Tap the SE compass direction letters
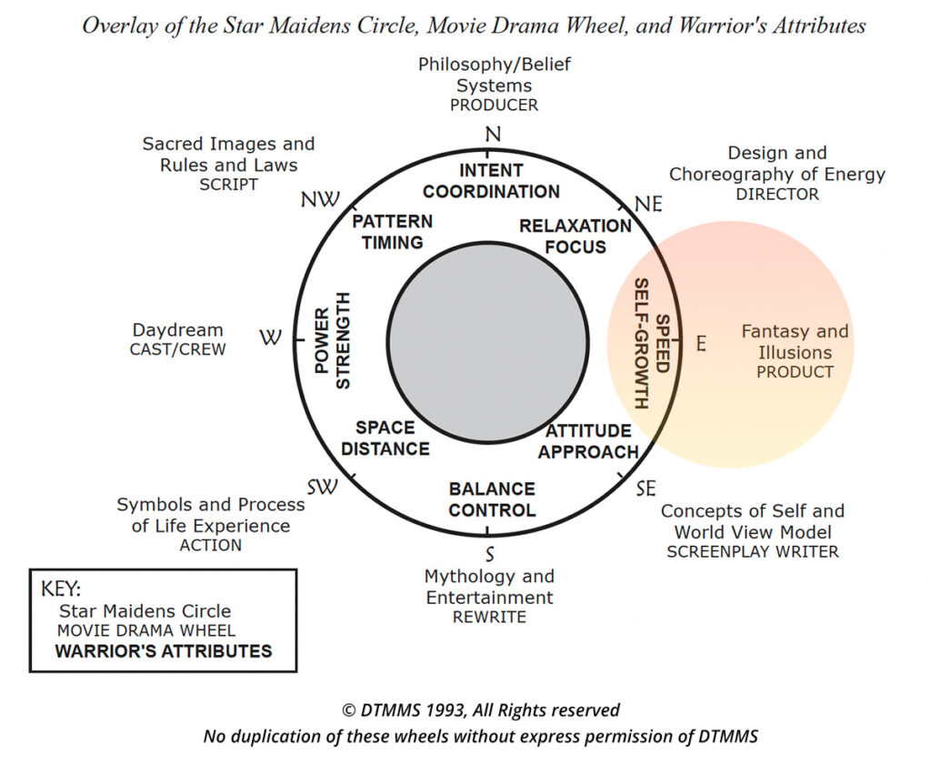(645, 489)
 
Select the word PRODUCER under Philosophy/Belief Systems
(494, 105)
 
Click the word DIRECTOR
(777, 194)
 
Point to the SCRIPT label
(228, 185)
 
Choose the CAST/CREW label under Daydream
(177, 349)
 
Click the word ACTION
(210, 546)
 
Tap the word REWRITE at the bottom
(488, 617)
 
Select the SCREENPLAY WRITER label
(753, 551)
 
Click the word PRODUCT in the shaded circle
(795, 372)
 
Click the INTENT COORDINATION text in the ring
(491, 181)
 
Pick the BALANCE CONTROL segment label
(492, 499)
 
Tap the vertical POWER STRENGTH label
(332, 340)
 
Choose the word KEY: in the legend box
(61, 588)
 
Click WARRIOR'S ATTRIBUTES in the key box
(164, 651)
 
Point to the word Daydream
(178, 330)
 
